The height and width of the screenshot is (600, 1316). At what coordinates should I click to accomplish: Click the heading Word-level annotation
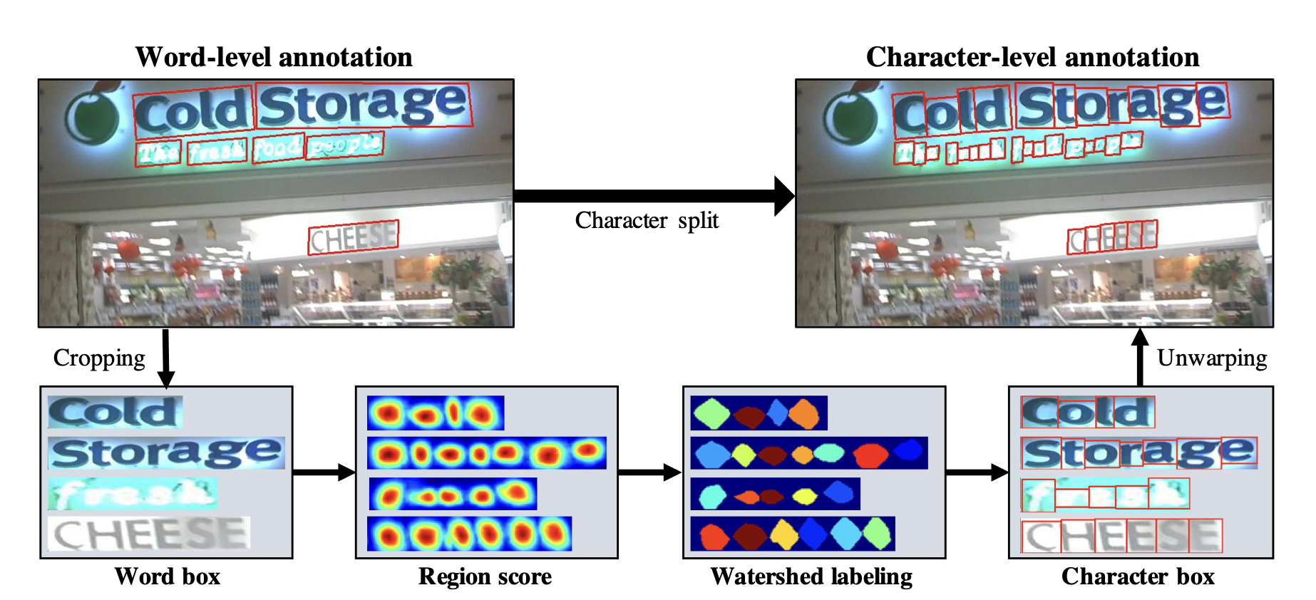[274, 57]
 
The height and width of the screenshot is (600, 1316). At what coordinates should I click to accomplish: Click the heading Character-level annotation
[1032, 57]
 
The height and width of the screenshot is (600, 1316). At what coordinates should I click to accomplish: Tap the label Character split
[647, 220]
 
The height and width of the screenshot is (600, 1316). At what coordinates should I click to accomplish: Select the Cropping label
[99, 358]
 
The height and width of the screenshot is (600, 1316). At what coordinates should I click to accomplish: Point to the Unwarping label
[1211, 358]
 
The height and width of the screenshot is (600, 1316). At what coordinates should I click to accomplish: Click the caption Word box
[168, 576]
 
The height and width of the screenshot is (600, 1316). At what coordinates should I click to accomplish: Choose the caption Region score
[485, 576]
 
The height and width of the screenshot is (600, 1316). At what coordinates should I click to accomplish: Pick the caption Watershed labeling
[811, 576]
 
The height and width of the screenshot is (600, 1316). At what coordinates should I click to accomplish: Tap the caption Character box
[1138, 576]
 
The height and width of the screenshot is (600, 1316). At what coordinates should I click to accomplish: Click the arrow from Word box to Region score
[324, 472]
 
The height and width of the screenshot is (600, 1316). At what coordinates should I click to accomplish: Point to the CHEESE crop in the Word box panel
[149, 534]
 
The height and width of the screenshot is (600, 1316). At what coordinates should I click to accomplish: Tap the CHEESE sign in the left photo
[353, 237]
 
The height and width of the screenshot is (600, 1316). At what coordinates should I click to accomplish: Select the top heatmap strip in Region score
[436, 413]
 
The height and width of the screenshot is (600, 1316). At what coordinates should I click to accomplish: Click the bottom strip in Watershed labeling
[792, 534]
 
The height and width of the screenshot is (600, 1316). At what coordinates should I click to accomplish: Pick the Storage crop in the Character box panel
[1138, 452]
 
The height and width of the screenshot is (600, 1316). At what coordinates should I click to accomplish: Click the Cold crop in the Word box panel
[115, 412]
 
